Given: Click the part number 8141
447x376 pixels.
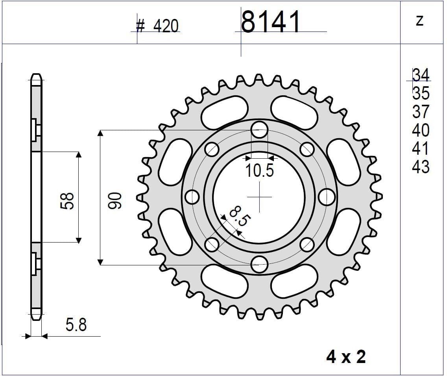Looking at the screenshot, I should pyautogui.click(x=270, y=22).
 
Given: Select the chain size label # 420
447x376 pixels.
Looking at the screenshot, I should pyautogui.click(x=157, y=26).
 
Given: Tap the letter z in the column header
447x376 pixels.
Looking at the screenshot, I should pyautogui.click(x=419, y=20).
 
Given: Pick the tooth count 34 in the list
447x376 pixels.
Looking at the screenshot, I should pyautogui.click(x=421, y=75).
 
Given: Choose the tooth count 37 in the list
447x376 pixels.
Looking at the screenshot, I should pyautogui.click(x=421, y=112).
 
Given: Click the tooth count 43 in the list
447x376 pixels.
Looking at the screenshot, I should pyautogui.click(x=421, y=167).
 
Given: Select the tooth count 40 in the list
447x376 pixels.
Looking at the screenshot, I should pyautogui.click(x=421, y=130).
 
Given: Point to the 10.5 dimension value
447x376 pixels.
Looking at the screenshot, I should pyautogui.click(x=259, y=171).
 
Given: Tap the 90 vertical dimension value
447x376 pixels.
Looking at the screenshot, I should pyautogui.click(x=115, y=200).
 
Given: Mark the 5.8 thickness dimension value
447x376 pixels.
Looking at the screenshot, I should pyautogui.click(x=76, y=325).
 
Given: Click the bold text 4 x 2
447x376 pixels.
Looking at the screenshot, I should pyautogui.click(x=346, y=357).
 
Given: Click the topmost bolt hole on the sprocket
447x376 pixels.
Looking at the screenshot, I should pyautogui.click(x=259, y=130).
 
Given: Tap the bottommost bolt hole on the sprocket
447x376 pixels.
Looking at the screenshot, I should pyautogui.click(x=259, y=264).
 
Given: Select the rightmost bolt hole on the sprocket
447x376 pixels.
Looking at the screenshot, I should pyautogui.click(x=327, y=197).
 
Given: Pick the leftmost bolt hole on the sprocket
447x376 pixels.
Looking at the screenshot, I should pyautogui.click(x=192, y=197).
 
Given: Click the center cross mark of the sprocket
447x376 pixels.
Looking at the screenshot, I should pyautogui.click(x=259, y=197).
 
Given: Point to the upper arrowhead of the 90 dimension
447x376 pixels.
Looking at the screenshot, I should pyautogui.click(x=100, y=133).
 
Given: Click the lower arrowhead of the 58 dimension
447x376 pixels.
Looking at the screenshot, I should pyautogui.click(x=79, y=240).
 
